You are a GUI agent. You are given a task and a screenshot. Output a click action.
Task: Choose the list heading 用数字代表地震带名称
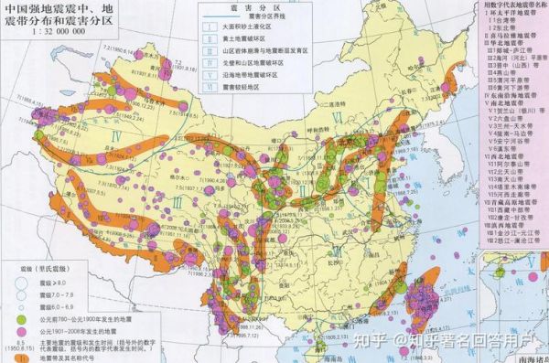[x=512, y=5]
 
